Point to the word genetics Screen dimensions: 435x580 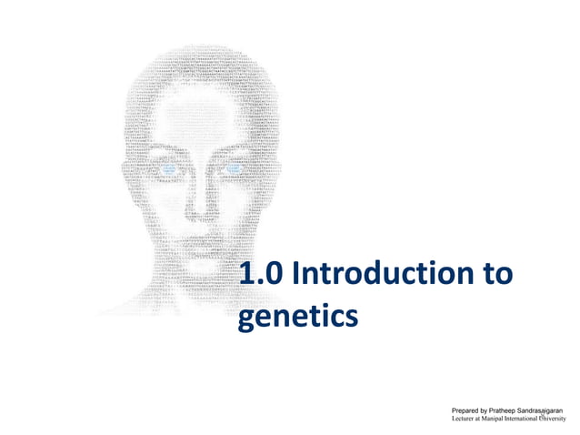click(x=296, y=317)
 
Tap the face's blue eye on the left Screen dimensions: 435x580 click(x=170, y=168)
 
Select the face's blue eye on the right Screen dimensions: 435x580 click(x=231, y=168)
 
